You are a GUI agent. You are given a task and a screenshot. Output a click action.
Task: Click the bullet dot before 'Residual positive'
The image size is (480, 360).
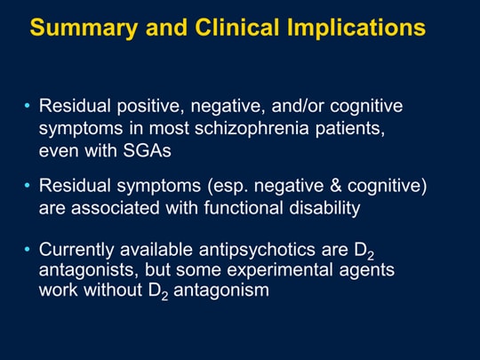[x=28, y=106]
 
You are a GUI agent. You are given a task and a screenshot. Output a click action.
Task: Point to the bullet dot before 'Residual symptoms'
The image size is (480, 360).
[x=28, y=186]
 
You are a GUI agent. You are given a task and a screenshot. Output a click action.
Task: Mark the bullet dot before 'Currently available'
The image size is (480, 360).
[x=28, y=250]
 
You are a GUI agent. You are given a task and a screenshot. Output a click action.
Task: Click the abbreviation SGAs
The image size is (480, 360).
[x=147, y=150]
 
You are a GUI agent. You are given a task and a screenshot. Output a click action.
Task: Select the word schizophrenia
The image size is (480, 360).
[x=252, y=128]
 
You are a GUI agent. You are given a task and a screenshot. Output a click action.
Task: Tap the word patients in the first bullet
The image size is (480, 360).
[x=350, y=129]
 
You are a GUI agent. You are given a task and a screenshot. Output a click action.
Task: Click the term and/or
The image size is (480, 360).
[x=297, y=106]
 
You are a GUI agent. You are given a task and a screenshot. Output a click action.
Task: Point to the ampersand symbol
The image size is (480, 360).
[x=335, y=186]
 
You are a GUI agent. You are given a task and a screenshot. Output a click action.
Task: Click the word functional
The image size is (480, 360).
[x=244, y=208]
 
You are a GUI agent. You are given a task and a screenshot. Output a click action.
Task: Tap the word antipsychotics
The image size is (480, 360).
[x=257, y=250]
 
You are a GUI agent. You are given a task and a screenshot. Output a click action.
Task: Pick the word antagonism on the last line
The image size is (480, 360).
[x=221, y=291]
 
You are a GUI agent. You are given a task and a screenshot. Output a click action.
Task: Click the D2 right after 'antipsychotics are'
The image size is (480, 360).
[x=364, y=251]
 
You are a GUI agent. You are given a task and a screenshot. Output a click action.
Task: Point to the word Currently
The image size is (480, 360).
[x=76, y=250]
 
